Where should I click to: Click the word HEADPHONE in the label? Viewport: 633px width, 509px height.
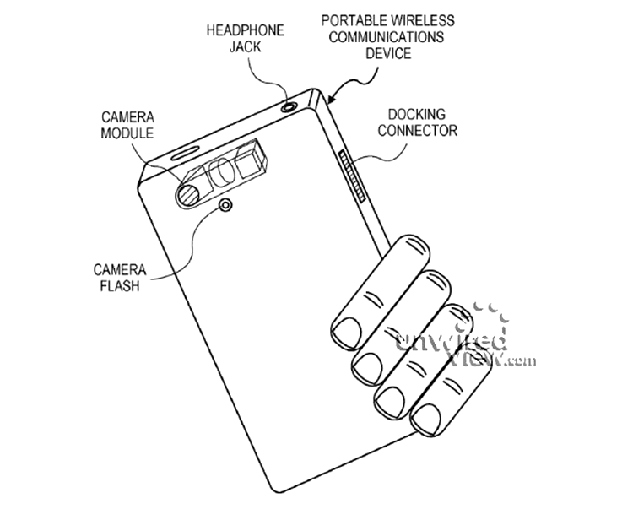246,30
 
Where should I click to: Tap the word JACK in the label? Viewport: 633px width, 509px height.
246,46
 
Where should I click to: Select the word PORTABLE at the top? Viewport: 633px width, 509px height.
353,20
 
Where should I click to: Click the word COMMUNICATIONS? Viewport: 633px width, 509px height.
387,37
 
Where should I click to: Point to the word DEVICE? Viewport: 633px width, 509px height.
388,53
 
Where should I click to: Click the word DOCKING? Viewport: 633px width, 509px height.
417,115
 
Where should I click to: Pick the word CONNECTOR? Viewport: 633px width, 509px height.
418,131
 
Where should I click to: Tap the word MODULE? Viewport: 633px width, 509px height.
127,133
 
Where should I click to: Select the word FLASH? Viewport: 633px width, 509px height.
120,286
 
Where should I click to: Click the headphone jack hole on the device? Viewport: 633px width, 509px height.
289,107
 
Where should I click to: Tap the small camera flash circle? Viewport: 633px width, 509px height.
225,205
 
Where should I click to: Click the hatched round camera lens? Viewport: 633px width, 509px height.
189,195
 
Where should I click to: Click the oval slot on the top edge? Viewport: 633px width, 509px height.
184,153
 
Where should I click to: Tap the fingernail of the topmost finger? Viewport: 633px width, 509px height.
346,333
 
